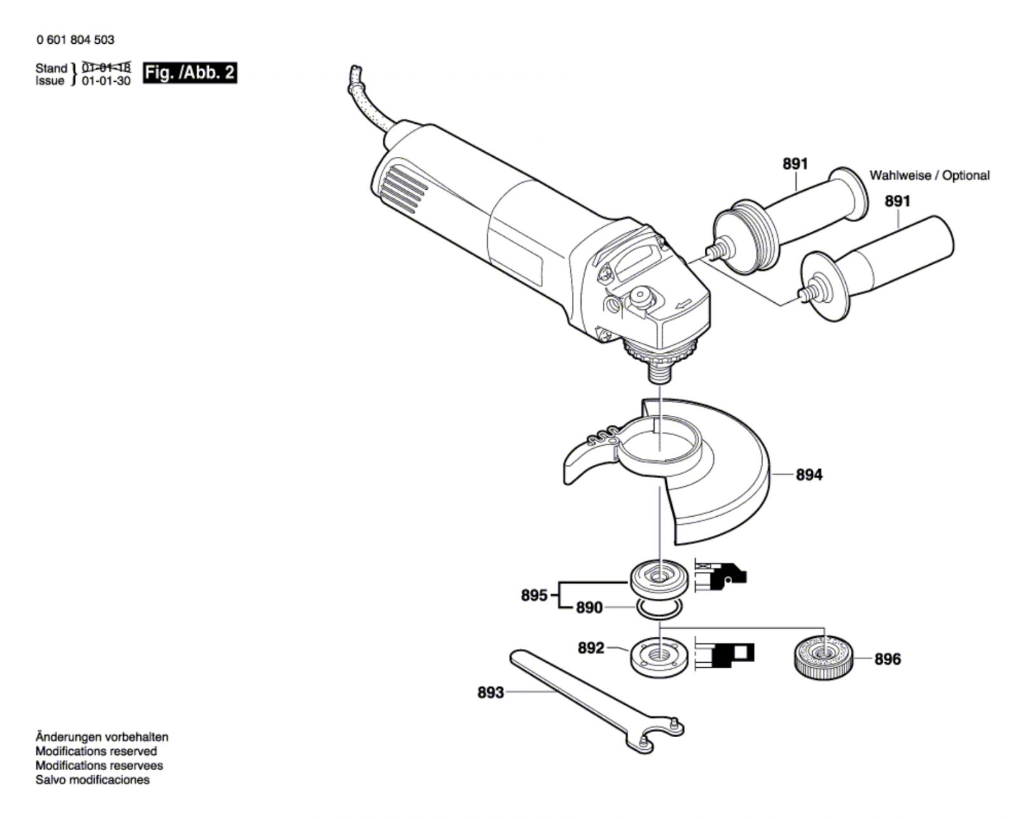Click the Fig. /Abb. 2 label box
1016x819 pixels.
(189, 73)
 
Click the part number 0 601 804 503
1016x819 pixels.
(76, 39)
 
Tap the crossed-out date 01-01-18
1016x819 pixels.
(106, 67)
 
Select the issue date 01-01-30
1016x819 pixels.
(106, 81)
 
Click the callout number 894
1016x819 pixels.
(808, 474)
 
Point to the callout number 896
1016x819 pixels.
(887, 659)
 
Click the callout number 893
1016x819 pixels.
(490, 692)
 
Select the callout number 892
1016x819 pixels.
(591, 648)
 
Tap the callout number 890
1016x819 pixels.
(589, 608)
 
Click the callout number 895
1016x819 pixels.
(534, 596)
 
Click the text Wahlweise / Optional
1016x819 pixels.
(929, 175)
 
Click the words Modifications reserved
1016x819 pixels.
(96, 751)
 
